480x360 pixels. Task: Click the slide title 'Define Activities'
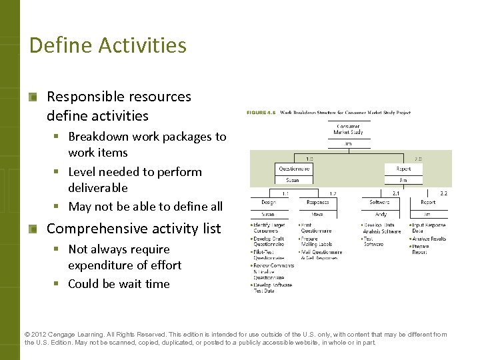(x=108, y=45)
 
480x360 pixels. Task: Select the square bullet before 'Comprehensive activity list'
(x=33, y=229)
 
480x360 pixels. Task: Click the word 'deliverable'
(x=97, y=187)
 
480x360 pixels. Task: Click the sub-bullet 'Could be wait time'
(x=119, y=283)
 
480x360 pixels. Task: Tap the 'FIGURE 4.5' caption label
(x=263, y=113)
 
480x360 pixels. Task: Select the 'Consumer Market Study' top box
(x=348, y=129)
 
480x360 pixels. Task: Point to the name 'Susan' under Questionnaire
(x=293, y=180)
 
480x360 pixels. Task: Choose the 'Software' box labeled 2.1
(x=379, y=202)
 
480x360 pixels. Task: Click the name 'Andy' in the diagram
(x=380, y=214)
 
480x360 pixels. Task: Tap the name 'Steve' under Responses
(x=317, y=214)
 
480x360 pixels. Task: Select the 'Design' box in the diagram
(x=269, y=202)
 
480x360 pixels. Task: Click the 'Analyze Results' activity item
(x=429, y=238)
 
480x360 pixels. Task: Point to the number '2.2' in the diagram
(x=444, y=193)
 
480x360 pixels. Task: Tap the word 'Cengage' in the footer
(x=70, y=335)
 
